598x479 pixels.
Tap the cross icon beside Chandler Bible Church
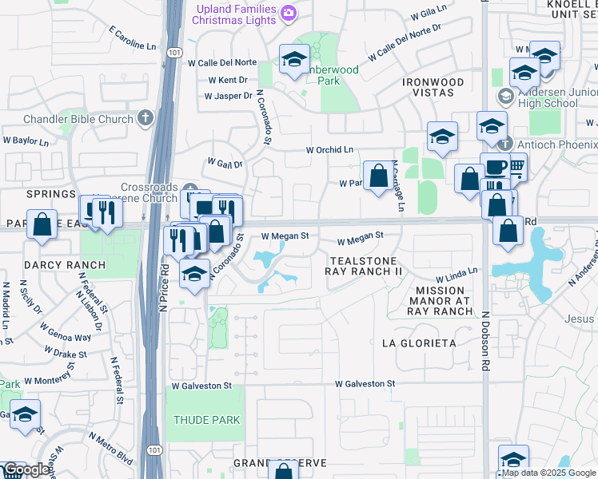[145, 119]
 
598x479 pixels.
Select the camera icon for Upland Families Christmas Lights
[289, 13]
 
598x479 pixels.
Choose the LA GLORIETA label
[419, 343]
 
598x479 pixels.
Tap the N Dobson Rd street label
[484, 339]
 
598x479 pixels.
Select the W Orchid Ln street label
[329, 150]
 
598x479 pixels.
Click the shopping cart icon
[517, 167]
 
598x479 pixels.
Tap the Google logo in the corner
[26, 470]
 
